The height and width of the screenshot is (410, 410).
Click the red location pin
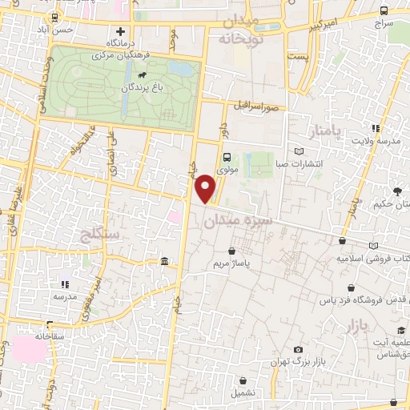point(207,187)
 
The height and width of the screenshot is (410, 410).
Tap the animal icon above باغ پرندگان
point(141,78)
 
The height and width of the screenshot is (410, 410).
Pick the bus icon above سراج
point(384,11)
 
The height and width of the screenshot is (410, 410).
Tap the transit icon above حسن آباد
point(54,18)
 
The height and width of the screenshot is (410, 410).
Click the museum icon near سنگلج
point(164,262)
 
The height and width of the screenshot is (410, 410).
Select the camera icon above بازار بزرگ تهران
point(298,350)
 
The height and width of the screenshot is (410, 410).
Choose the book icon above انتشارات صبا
point(299,151)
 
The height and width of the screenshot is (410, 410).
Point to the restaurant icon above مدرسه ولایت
point(375,127)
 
